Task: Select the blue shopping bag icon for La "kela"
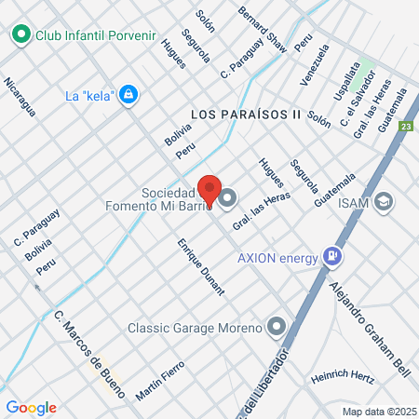point(129,94)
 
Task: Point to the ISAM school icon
point(385,201)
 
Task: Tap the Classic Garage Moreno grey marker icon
point(276,327)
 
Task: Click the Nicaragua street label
point(20,97)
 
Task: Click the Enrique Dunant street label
point(201,266)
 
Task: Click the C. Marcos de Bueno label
point(84,344)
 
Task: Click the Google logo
point(31,407)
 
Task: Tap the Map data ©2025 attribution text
point(377,412)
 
